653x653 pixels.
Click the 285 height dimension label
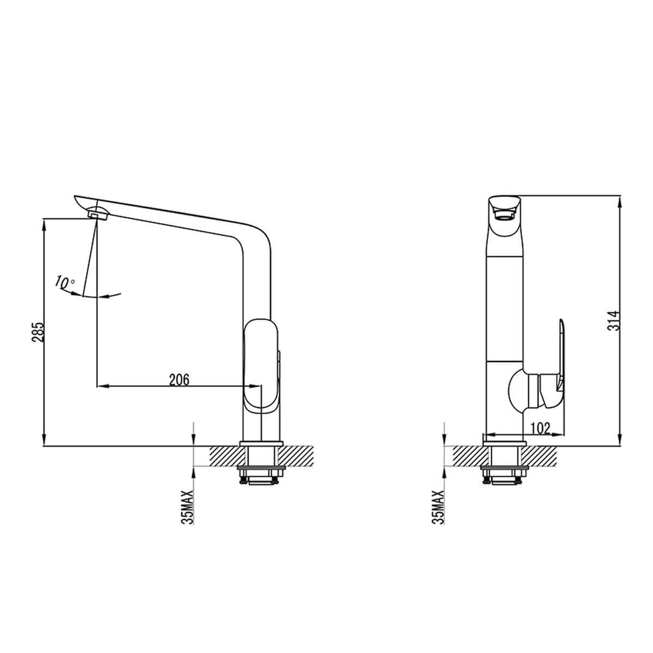[37, 333]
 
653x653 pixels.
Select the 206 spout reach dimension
[179, 379]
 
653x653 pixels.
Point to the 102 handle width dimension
[540, 428]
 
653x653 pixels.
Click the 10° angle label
[65, 282]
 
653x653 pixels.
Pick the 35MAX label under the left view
[188, 507]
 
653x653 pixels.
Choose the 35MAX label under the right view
[438, 507]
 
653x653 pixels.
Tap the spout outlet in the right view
[504, 212]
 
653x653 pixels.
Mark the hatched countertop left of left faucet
[224, 456]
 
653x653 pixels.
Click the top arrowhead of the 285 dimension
[44, 224]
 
